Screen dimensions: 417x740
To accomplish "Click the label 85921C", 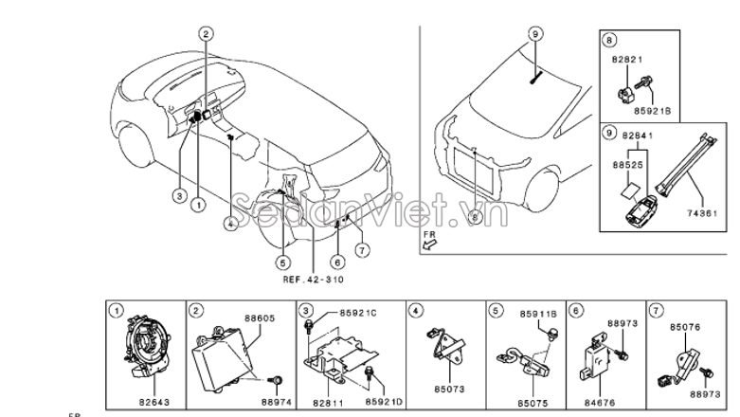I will coord(358,313).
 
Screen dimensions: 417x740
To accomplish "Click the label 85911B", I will coord(538,312).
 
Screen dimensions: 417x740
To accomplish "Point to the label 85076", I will coord(686,327).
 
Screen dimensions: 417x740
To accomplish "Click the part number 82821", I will coord(626,59).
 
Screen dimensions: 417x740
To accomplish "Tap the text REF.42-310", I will coord(314,281).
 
